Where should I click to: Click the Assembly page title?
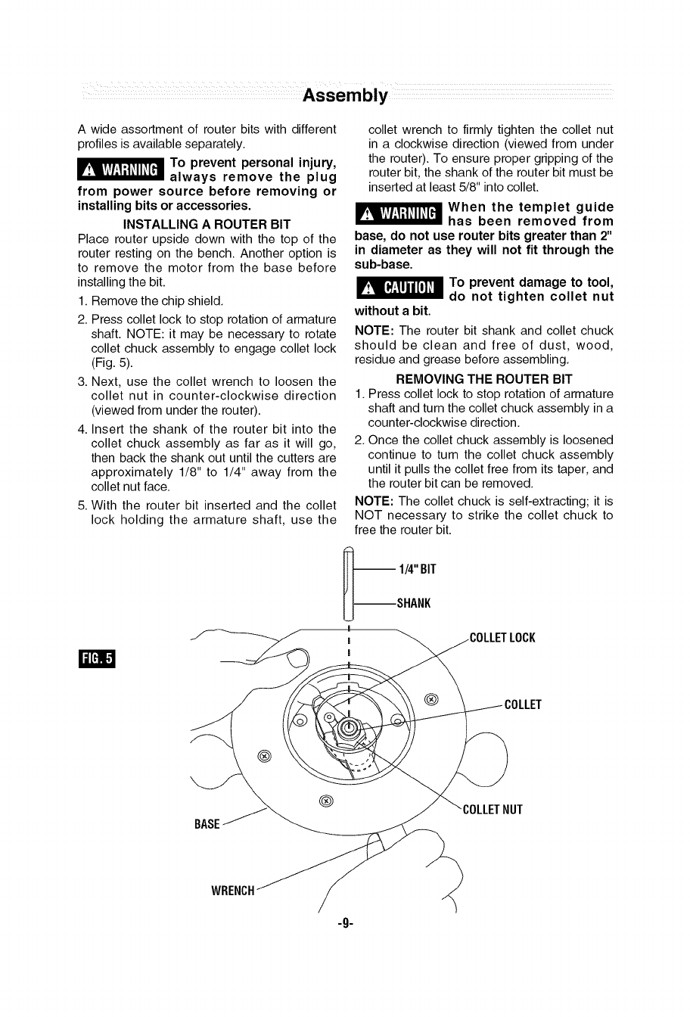[345, 96]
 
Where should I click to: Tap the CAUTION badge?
[398, 288]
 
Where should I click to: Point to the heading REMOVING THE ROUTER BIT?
[483, 379]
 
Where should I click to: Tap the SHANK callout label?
[414, 603]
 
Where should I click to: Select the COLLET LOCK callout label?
[502, 638]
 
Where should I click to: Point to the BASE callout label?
[207, 824]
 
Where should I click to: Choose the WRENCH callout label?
[232, 891]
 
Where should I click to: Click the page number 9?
[345, 923]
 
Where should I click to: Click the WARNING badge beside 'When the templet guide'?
[398, 214]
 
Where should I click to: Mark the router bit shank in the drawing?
[348, 586]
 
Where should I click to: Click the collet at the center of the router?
[349, 728]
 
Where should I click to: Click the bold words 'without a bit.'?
[393, 311]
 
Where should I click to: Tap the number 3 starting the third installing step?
[82, 381]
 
